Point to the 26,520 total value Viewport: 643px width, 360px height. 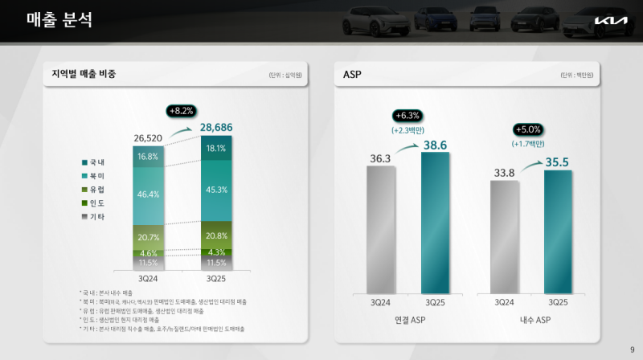tap(148, 138)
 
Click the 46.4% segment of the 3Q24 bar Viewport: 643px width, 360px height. tap(148, 194)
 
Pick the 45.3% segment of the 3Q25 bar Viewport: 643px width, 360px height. tap(216, 190)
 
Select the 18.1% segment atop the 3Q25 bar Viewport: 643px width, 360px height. tap(216, 149)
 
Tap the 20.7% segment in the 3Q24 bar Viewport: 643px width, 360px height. tap(148, 238)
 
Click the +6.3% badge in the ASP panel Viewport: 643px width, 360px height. tap(408, 115)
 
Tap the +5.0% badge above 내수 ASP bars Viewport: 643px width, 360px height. tap(527, 129)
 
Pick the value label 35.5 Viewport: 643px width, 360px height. tap(556, 162)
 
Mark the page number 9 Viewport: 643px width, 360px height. tap(632, 349)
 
